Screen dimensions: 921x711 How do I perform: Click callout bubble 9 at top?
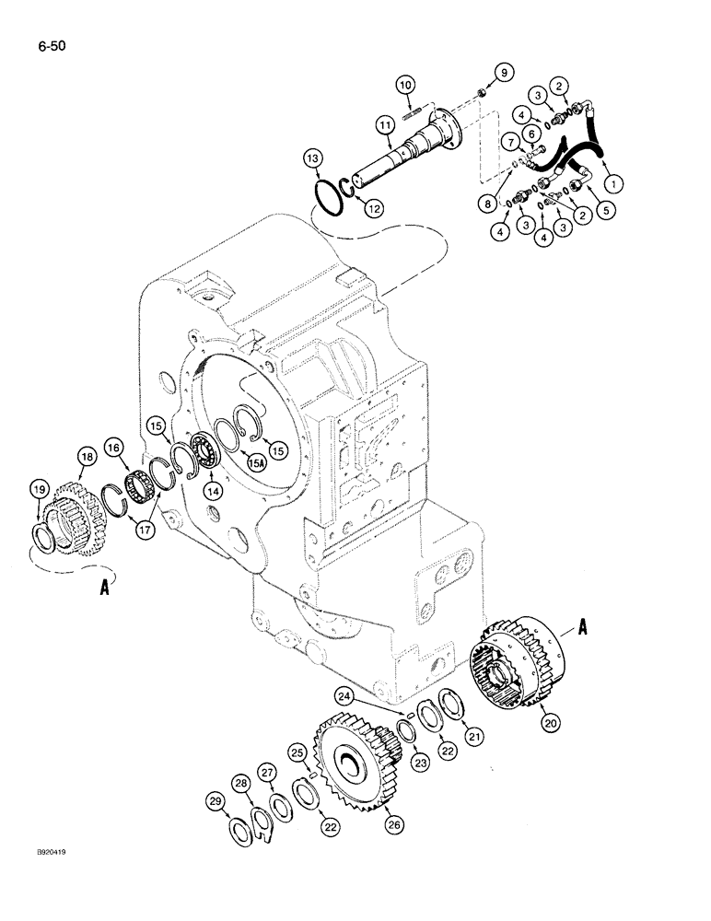click(x=502, y=72)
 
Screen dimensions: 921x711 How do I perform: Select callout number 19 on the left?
click(x=38, y=489)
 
